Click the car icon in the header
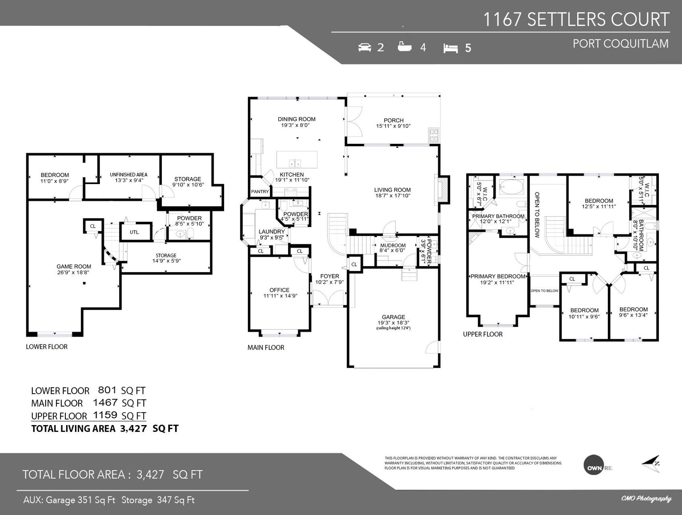pos(365,47)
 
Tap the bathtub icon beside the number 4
pos(405,47)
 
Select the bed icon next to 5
pos(450,48)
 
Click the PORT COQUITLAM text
pos(621,44)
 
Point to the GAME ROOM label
pos(74,267)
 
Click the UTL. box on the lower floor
pos(135,232)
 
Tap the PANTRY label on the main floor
pos(260,192)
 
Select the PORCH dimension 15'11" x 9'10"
pos(394,126)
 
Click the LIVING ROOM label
pos(393,190)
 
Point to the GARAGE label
pos(394,317)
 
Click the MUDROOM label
pos(393,246)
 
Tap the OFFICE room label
pos(280,290)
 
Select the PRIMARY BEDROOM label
pos(498,277)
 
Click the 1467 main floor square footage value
pos(105,402)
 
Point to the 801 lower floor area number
pos(107,390)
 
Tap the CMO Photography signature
pos(646,499)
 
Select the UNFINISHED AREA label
pos(129,175)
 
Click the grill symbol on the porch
pos(434,134)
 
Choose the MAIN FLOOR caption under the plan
pos(266,348)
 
